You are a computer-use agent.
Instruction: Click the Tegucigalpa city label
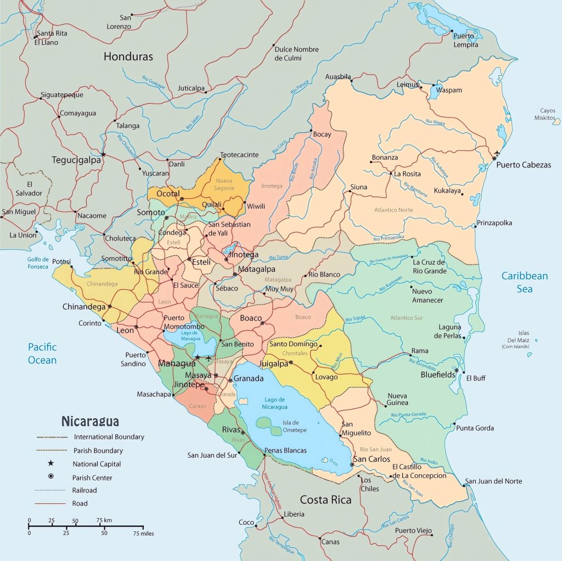point(76,160)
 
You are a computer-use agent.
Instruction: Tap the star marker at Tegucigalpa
point(103,154)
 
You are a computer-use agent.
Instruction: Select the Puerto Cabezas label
point(524,165)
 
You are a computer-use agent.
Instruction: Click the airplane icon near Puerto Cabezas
point(497,153)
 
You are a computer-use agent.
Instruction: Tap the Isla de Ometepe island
point(272,424)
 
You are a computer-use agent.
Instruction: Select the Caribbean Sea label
point(524,282)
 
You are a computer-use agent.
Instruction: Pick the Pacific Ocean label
point(42,354)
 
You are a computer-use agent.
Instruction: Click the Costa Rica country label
point(325,500)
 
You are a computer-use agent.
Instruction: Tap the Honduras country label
point(128,57)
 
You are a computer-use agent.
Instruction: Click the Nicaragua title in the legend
point(90,422)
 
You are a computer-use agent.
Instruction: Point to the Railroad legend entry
point(84,490)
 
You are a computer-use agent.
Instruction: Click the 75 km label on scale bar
point(104,520)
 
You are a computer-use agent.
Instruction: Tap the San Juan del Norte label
point(493,481)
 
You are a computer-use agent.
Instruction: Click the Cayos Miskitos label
point(547,114)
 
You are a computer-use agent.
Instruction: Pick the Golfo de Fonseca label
point(38,263)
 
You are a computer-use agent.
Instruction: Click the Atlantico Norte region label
point(394,210)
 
